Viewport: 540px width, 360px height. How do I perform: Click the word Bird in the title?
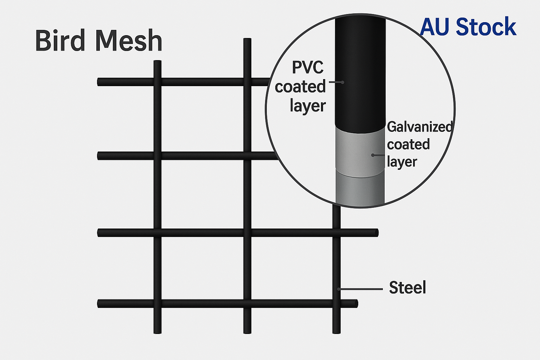tap(61, 41)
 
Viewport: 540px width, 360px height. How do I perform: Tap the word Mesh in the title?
tap(129, 41)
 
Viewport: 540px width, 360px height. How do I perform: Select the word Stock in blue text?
tap(486, 27)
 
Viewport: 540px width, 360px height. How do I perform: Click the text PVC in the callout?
tap(308, 67)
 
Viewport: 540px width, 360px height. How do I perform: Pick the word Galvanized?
tap(419, 127)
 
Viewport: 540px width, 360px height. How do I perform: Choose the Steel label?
tap(407, 288)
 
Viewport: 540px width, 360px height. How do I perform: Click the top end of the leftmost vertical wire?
tap(157, 63)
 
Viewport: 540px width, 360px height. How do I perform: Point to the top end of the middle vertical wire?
tap(247, 40)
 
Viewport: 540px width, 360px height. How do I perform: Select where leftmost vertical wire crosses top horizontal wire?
tap(157, 82)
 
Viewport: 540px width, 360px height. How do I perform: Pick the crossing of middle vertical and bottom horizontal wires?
tap(247, 303)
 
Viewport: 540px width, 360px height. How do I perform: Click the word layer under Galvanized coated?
tap(402, 162)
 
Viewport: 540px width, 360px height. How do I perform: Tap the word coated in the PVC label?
tap(300, 86)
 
